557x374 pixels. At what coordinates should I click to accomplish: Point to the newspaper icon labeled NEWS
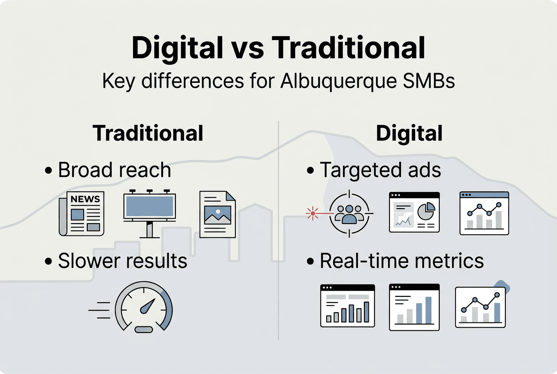pyautogui.click(x=82, y=213)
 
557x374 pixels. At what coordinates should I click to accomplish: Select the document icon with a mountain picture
pyautogui.click(x=218, y=214)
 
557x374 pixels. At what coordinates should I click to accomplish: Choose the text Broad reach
pyautogui.click(x=114, y=171)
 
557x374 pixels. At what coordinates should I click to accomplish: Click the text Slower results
pyautogui.click(x=123, y=261)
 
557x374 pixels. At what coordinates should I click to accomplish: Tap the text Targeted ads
pyautogui.click(x=380, y=171)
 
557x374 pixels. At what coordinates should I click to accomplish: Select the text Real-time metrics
pyautogui.click(x=401, y=261)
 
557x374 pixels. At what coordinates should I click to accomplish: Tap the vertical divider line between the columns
pyautogui.click(x=278, y=229)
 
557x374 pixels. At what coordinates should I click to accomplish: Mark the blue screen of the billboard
pyautogui.click(x=149, y=206)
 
